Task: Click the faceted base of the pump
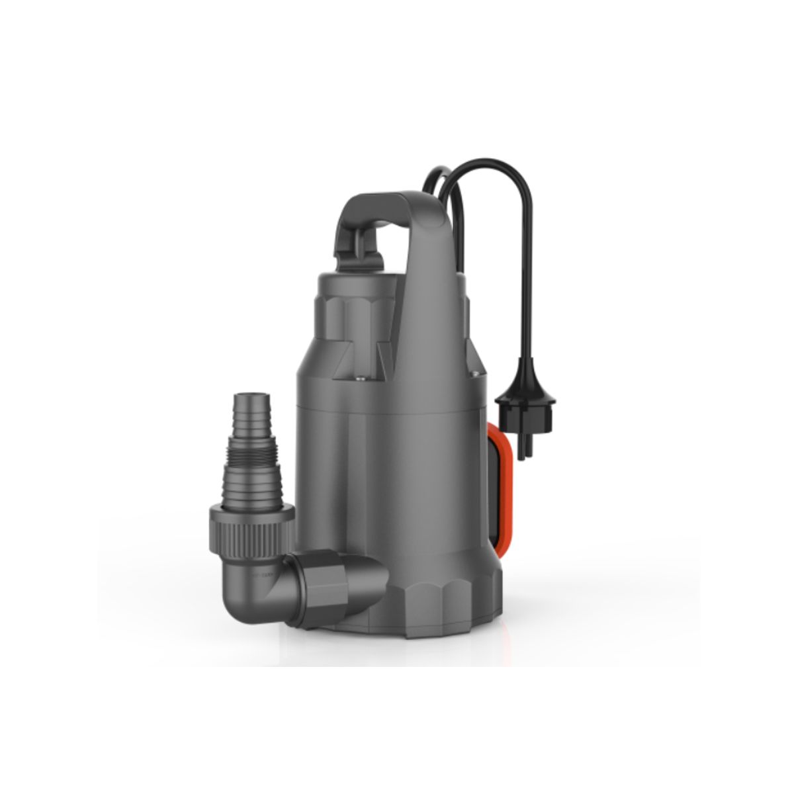click(x=423, y=595)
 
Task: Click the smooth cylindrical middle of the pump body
click(x=397, y=476)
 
